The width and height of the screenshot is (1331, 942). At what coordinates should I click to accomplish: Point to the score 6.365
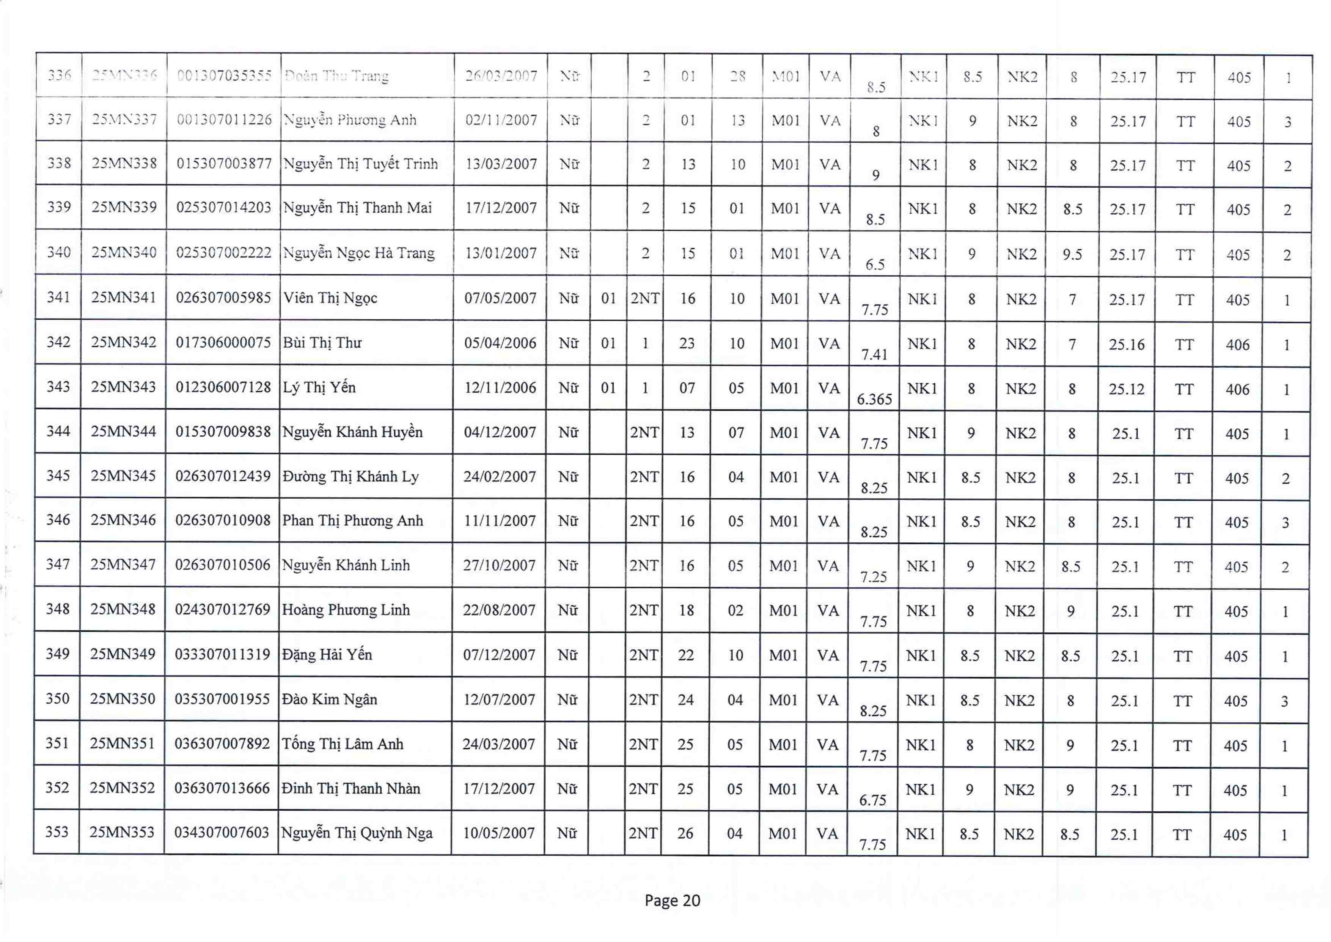coord(874,399)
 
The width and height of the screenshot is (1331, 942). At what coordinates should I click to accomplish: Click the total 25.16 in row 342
coord(1127,345)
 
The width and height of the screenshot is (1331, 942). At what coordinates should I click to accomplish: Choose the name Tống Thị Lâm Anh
coord(342,744)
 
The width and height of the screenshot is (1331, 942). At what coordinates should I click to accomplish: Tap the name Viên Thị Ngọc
coord(330,298)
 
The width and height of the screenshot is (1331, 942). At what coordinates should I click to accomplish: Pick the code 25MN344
coord(124,432)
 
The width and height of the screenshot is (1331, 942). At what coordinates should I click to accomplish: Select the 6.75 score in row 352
coord(872,800)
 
